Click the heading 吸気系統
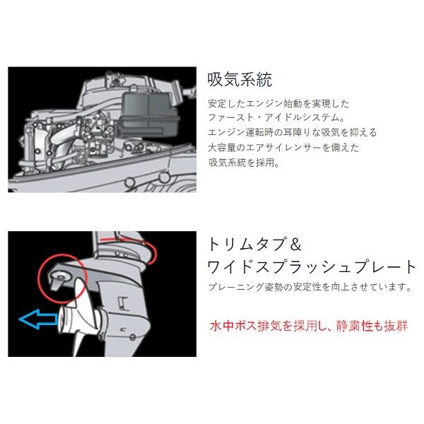(240, 78)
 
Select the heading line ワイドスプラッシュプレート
(312, 268)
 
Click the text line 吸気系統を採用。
(244, 162)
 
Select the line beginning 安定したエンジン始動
(274, 102)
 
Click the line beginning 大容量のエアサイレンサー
(274, 147)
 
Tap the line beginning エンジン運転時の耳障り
(283, 132)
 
